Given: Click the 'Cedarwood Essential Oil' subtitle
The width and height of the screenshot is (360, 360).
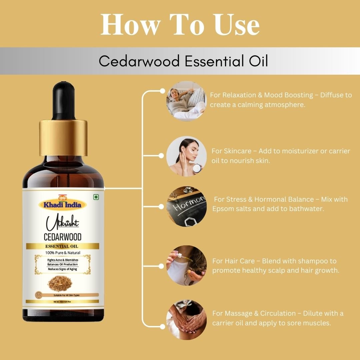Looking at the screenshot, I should pos(183,61).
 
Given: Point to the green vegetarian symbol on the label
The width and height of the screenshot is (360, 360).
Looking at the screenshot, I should pos(96,197).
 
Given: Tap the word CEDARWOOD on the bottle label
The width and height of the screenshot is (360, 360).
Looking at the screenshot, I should pos(63,237).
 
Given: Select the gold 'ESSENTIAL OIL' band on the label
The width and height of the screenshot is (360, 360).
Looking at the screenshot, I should pos(63,247).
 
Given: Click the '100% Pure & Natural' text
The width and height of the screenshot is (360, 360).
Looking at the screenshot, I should pos(63,253).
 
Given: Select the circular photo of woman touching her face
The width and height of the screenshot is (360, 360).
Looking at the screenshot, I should pos(186,156).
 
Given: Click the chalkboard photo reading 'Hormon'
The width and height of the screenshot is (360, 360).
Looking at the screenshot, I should pos(186,207).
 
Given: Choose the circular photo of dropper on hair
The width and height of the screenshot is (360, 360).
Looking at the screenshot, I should pos(186,265).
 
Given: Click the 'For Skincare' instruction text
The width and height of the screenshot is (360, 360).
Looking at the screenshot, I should pos(281,156).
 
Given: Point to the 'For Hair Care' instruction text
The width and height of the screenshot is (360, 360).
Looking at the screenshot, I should pos(276,266).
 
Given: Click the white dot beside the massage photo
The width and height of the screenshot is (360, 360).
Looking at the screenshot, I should pos(162,326).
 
